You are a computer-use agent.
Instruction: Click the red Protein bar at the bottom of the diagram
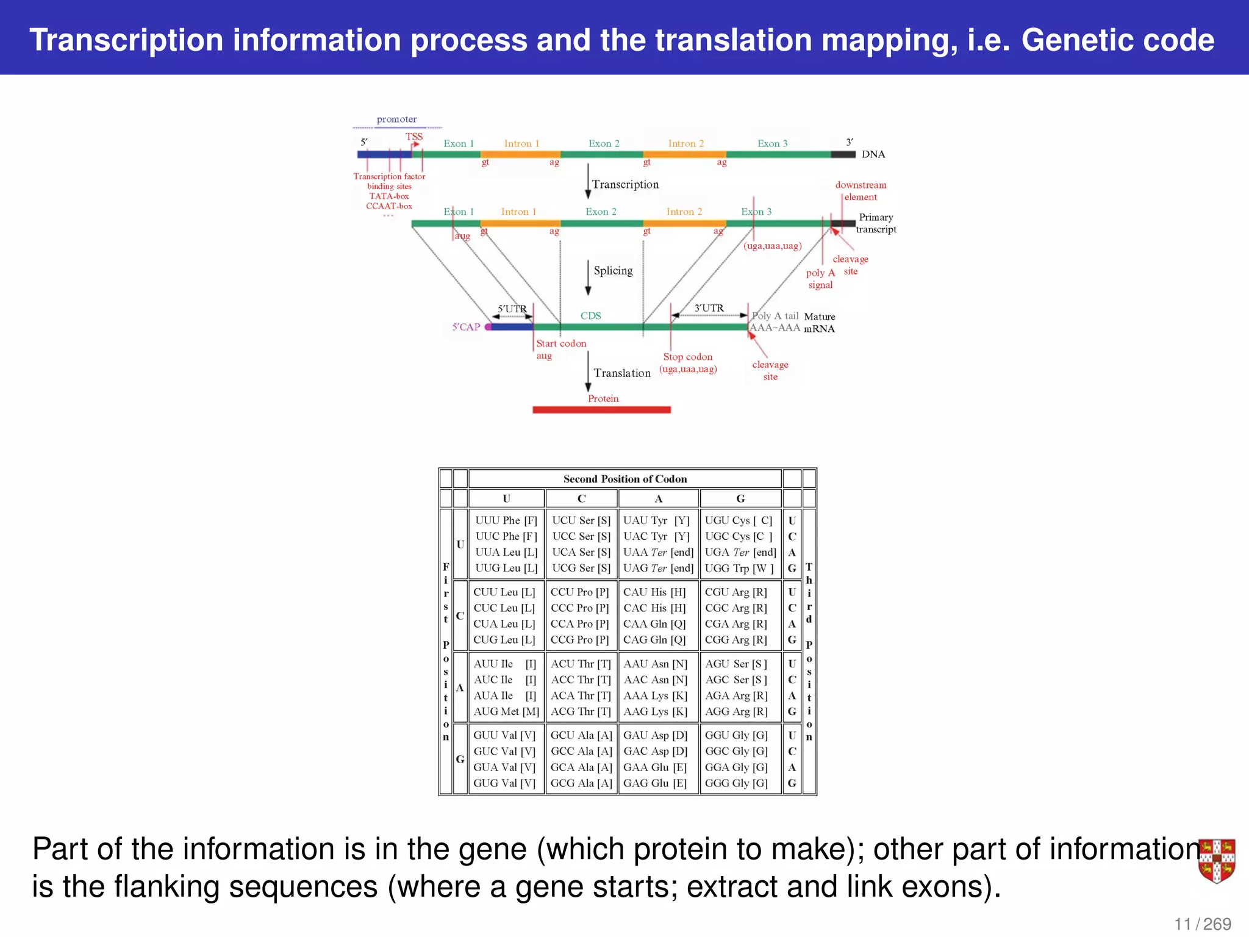(601, 410)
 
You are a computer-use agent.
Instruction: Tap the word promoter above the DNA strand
(396, 120)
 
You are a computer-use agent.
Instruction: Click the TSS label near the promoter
(413, 137)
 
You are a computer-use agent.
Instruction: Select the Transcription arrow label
(625, 185)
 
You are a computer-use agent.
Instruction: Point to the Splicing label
(613, 271)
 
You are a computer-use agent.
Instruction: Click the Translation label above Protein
(622, 373)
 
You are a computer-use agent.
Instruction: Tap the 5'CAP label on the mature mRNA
(466, 327)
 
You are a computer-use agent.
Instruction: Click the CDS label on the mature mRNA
(590, 316)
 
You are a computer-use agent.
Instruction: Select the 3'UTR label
(709, 309)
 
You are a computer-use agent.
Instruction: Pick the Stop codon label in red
(688, 357)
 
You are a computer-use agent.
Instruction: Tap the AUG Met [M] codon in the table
(506, 712)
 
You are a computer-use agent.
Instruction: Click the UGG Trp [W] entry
(739, 569)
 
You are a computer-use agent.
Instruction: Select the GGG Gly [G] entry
(736, 783)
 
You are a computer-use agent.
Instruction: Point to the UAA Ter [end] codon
(658, 553)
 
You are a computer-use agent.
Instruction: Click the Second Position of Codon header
(625, 479)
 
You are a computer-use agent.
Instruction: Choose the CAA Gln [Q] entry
(654, 624)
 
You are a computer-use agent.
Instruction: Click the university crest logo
(1217, 861)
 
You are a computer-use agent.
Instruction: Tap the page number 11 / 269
(1202, 924)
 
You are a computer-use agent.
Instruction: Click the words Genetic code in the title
(1117, 40)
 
